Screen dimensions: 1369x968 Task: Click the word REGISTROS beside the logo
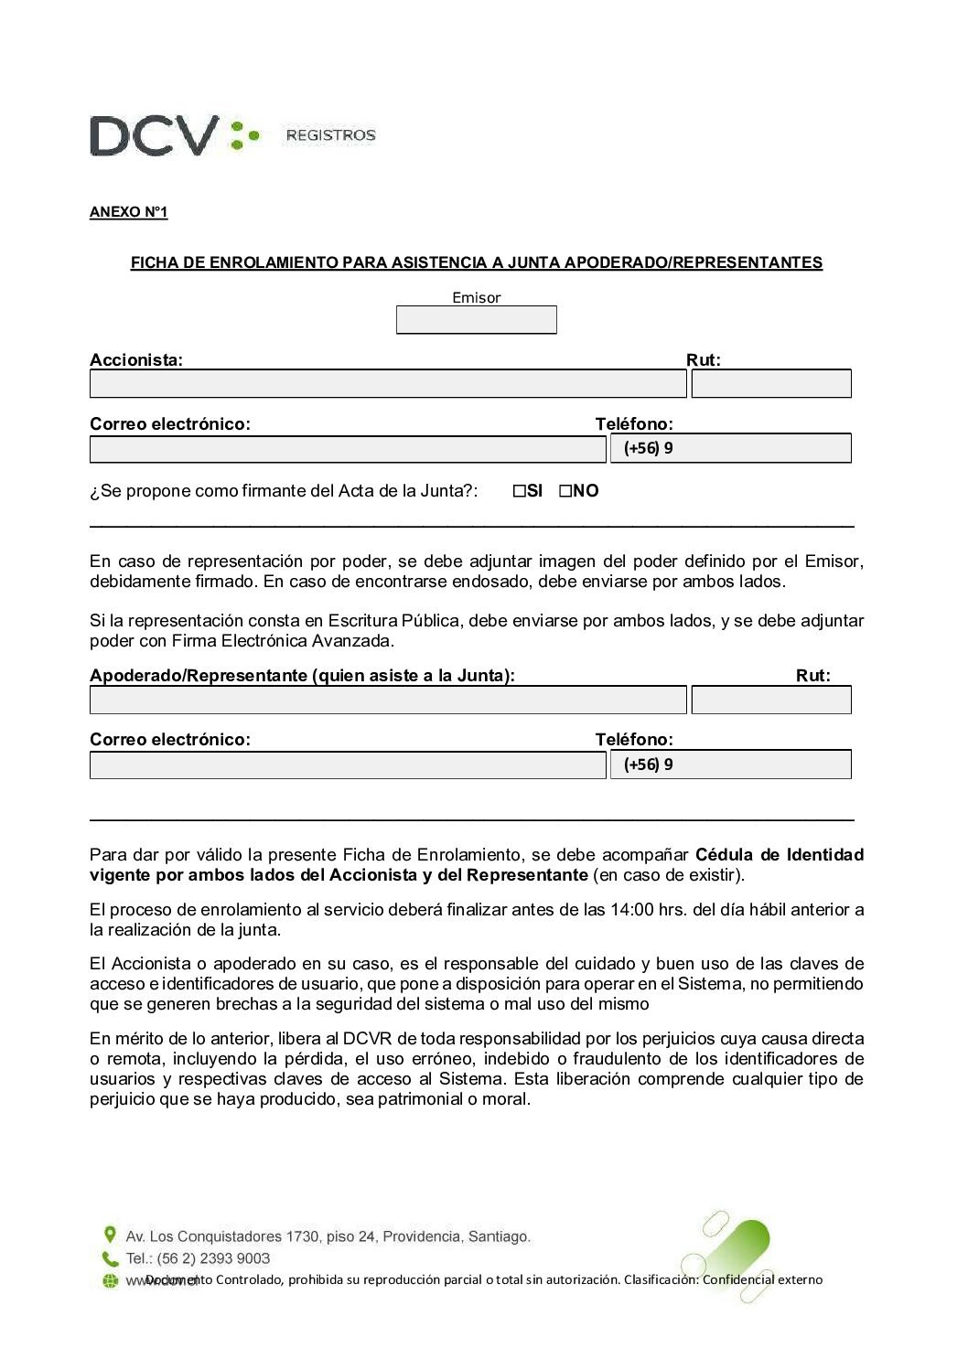(330, 135)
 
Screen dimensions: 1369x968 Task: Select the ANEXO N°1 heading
(128, 212)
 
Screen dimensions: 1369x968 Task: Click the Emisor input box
(476, 320)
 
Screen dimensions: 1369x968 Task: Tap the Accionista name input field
(387, 384)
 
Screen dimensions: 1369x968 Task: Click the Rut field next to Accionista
(771, 384)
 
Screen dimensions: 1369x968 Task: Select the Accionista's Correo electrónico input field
(348, 449)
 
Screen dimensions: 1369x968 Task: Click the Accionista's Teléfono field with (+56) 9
(730, 448)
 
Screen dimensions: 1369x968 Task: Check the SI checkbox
(520, 491)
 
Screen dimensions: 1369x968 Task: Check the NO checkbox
(565, 491)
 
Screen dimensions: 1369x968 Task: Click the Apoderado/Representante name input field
(387, 701)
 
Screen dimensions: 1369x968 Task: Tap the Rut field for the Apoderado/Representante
(771, 701)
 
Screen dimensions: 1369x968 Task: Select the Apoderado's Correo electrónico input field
(348, 765)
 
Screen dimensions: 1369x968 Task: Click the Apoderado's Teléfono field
(730, 765)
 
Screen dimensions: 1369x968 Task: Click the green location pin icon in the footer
(110, 1235)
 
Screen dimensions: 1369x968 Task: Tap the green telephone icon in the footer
(110, 1258)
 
